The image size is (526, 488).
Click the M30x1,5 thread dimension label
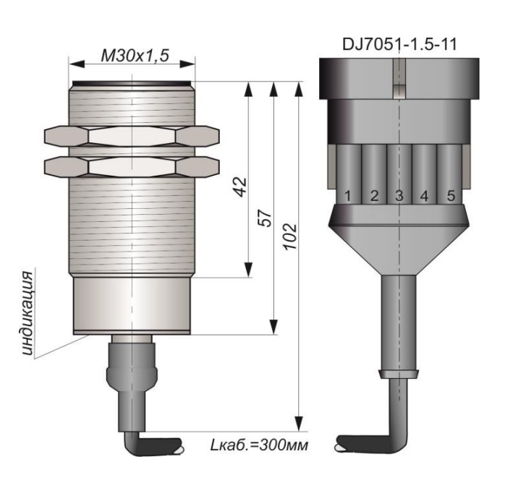pyautogui.click(x=135, y=55)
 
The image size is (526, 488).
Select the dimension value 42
pyautogui.click(x=240, y=187)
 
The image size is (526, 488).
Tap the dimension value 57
pyautogui.click(x=266, y=218)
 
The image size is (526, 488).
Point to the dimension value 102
pyautogui.click(x=290, y=236)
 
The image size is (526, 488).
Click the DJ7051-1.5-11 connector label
pyautogui.click(x=399, y=44)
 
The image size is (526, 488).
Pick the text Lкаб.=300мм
pyautogui.click(x=258, y=445)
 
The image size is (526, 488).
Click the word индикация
pyautogui.click(x=27, y=313)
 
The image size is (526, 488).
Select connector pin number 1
pyautogui.click(x=348, y=196)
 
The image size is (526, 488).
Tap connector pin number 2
pyautogui.click(x=374, y=196)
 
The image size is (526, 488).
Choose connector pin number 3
pyautogui.click(x=399, y=196)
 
